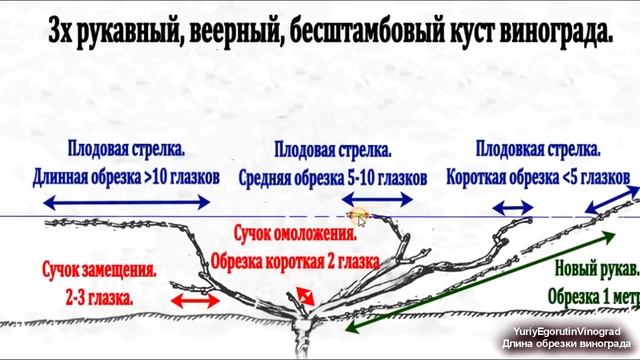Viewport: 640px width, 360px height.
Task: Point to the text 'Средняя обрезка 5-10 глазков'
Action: point(332,176)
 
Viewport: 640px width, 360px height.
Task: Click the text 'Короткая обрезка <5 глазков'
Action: point(538,176)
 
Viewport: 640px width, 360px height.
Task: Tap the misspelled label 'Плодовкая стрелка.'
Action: point(538,150)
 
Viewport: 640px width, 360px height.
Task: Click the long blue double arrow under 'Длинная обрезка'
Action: point(126,201)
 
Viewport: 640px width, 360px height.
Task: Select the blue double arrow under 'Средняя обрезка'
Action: point(336,201)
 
